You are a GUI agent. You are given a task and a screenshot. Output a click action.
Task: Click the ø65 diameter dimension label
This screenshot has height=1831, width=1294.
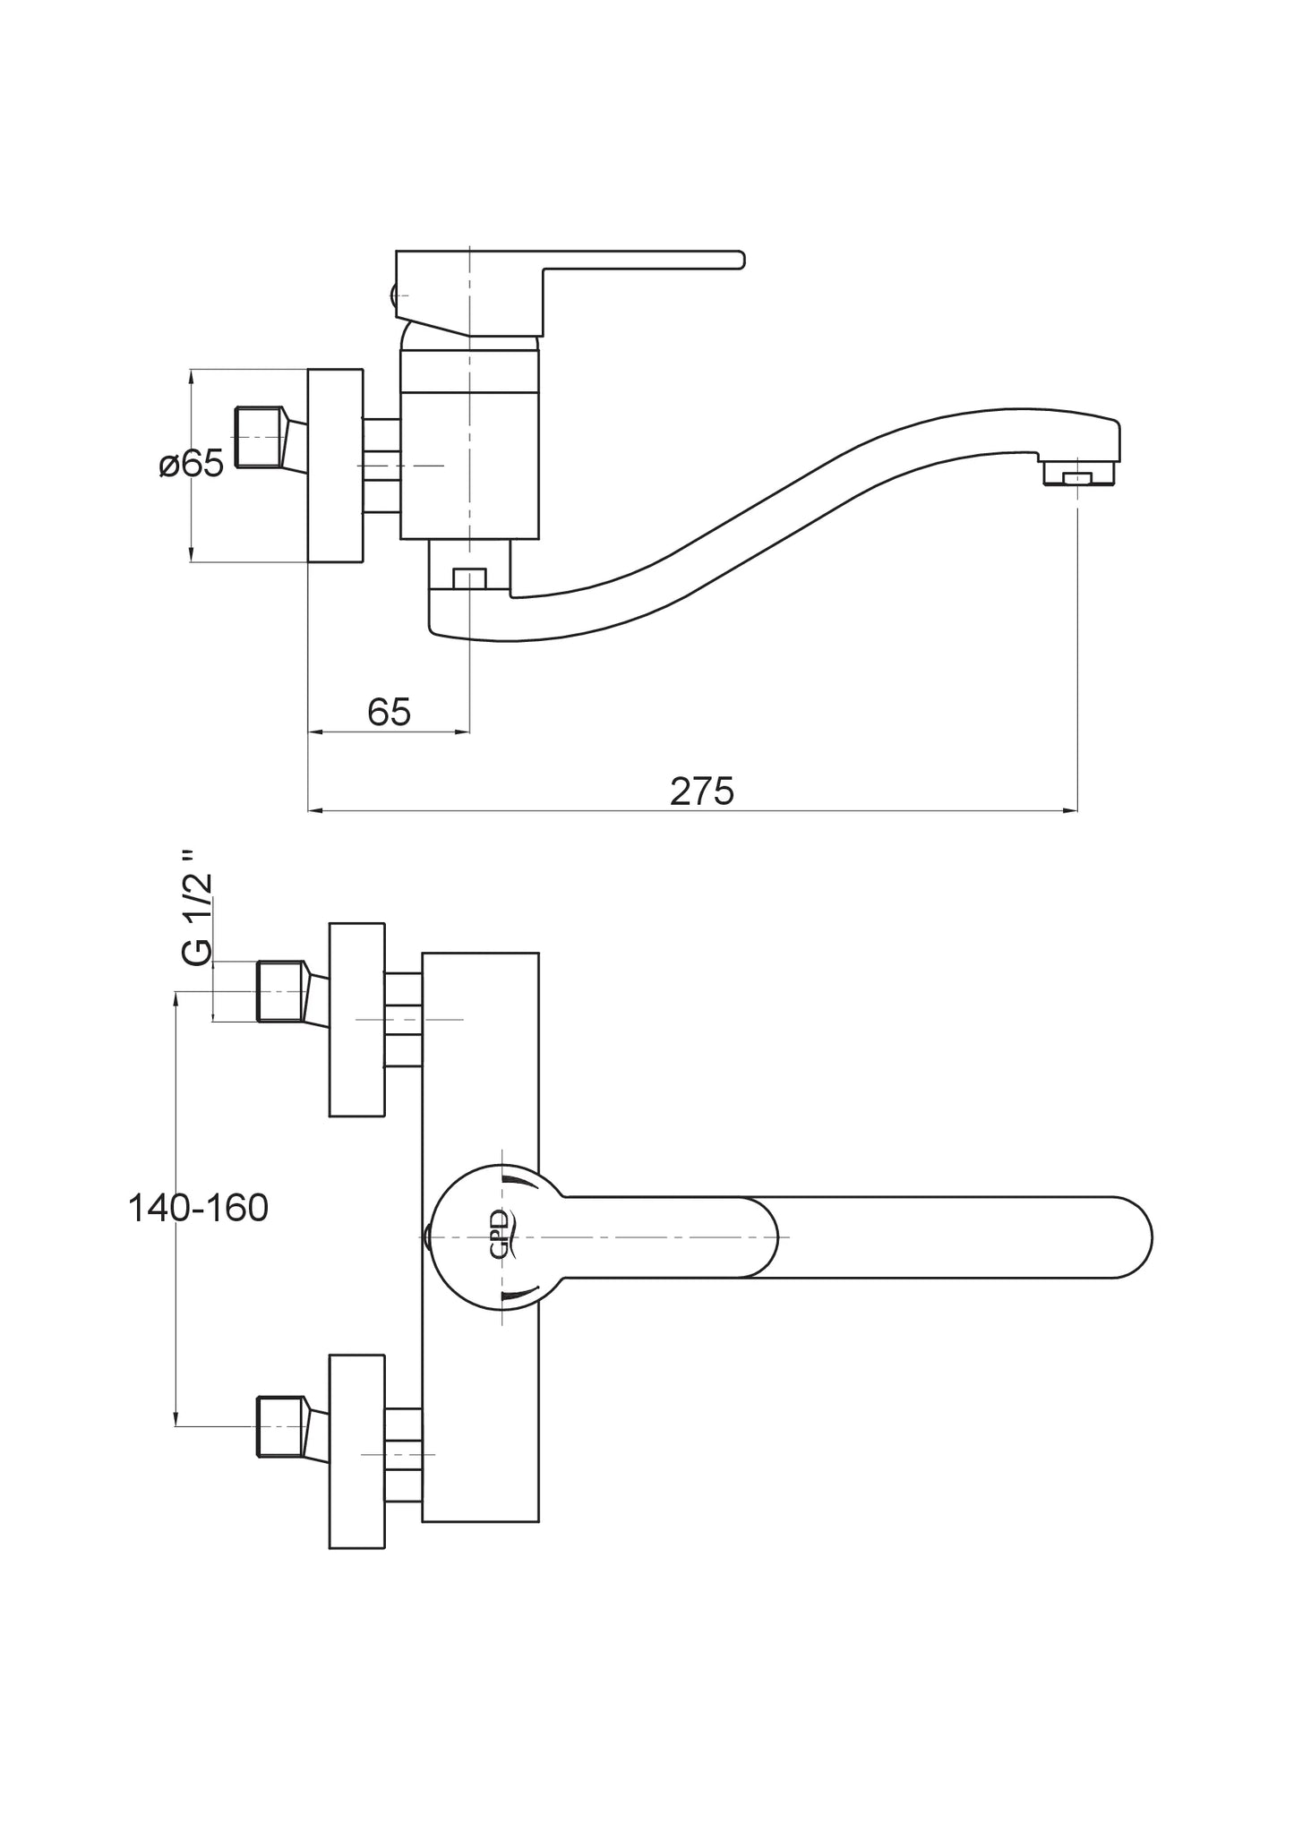(x=192, y=465)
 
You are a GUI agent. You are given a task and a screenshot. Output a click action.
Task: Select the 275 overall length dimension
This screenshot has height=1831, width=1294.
(x=702, y=791)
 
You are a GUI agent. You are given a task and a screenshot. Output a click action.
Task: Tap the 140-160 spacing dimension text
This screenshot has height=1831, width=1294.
(x=198, y=1209)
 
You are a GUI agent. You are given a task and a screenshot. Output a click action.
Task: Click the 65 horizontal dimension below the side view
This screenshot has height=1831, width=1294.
(x=389, y=712)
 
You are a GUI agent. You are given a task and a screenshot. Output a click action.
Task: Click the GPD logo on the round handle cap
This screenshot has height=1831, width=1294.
(x=501, y=1236)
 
